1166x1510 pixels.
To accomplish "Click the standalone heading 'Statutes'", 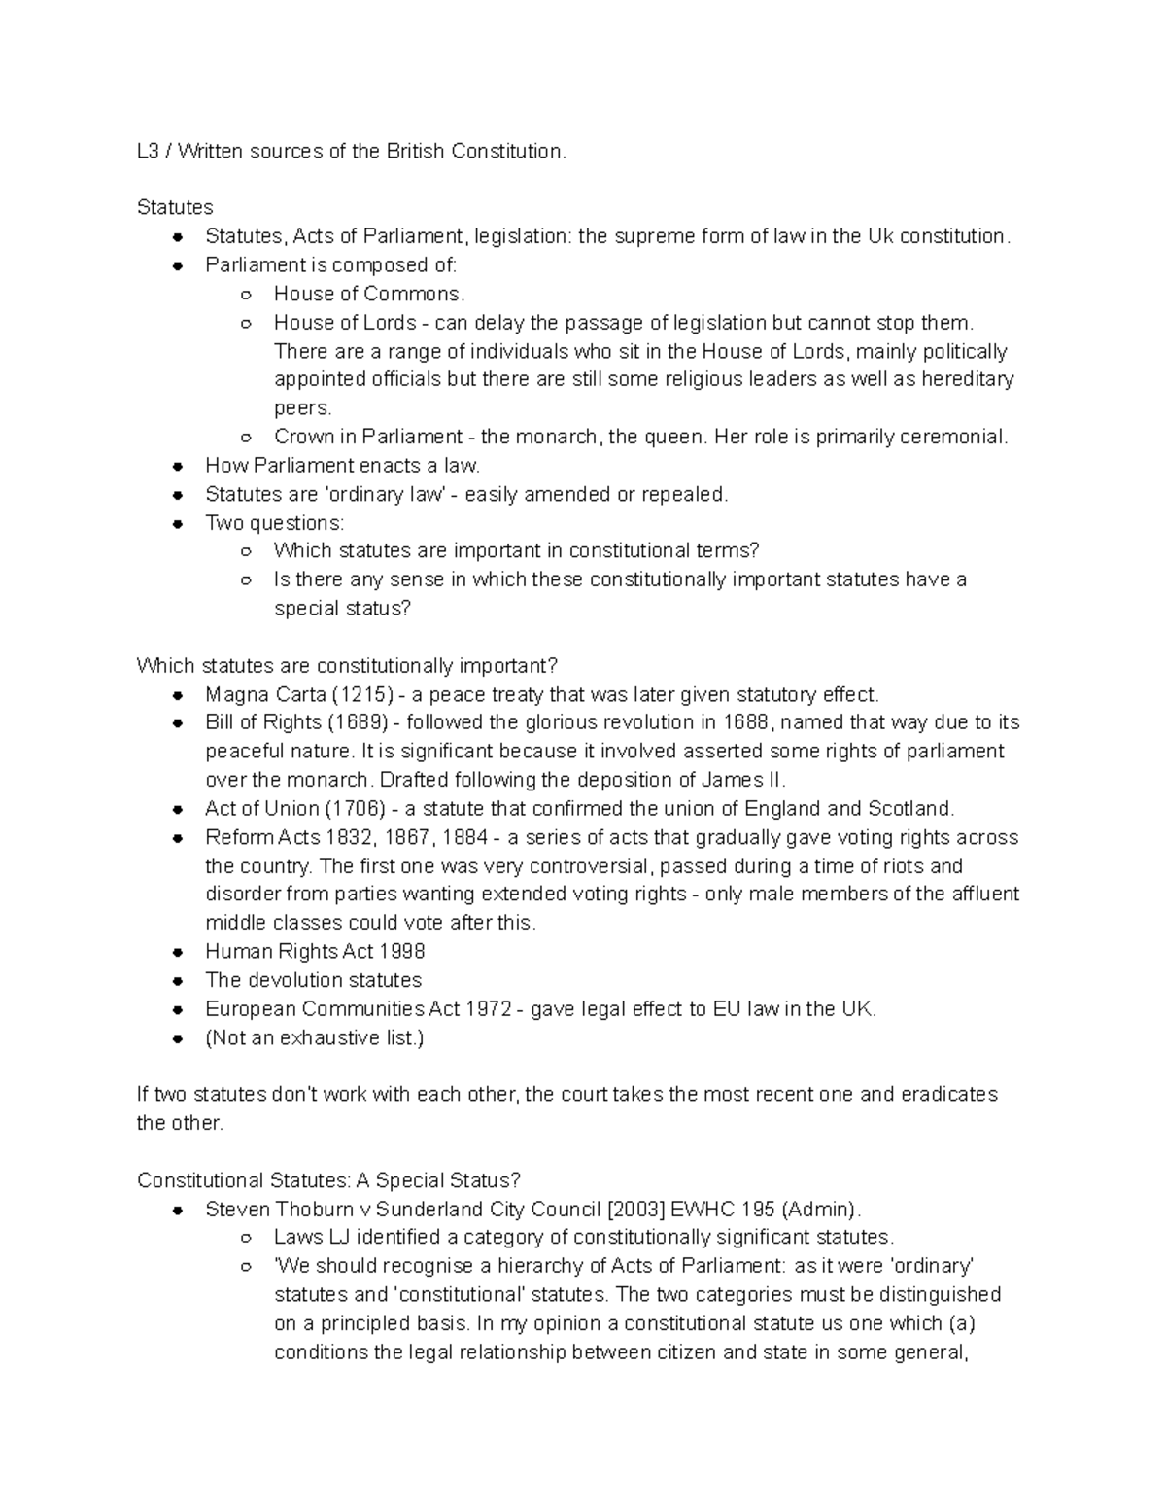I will coord(175,207).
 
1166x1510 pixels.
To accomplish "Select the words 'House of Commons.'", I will coord(369,294).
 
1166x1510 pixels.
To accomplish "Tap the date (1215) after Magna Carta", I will coord(363,694).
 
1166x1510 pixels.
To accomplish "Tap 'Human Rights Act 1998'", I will coord(315,951).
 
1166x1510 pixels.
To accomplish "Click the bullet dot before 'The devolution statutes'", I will coord(177,981).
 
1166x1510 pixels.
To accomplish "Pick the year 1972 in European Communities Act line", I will coord(489,1009).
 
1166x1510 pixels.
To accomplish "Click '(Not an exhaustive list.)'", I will coord(315,1037).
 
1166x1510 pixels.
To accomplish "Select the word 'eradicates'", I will coord(948,1094).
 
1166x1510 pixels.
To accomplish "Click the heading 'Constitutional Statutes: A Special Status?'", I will coord(328,1180).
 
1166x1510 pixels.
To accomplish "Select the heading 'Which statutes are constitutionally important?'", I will coord(347,666).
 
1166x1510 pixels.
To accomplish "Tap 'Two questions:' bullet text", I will coord(274,523).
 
